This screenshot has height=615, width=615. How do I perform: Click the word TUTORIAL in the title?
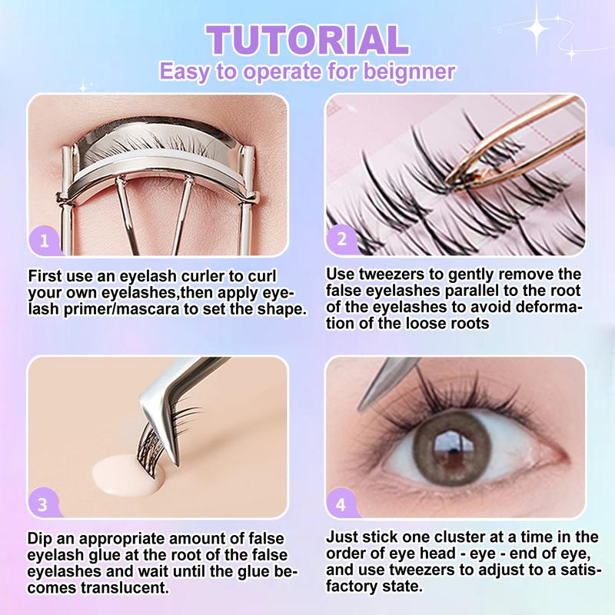(308, 40)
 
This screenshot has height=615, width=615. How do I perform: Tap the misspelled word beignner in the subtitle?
(409, 71)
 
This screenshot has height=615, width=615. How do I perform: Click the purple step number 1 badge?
(45, 240)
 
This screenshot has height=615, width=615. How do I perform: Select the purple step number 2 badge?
(341, 239)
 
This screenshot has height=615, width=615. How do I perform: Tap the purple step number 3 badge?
(43, 504)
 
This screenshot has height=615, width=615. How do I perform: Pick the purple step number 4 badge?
(341, 504)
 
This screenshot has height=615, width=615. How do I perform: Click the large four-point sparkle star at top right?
(537, 28)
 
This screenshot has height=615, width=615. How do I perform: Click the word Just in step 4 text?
(341, 537)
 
